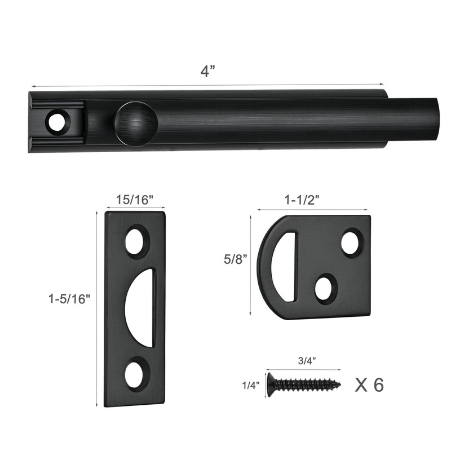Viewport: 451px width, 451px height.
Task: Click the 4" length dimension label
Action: click(208, 72)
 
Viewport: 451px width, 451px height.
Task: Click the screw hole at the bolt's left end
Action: click(56, 121)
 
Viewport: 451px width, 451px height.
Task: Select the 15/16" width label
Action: click(135, 200)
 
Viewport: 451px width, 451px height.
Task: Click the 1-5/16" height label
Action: click(69, 299)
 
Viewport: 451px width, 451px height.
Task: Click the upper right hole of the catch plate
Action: click(351, 242)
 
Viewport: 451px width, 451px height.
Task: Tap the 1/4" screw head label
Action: click(251, 385)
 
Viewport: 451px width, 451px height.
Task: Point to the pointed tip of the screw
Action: click(338, 385)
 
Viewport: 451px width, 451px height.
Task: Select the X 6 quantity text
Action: click(369, 385)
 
